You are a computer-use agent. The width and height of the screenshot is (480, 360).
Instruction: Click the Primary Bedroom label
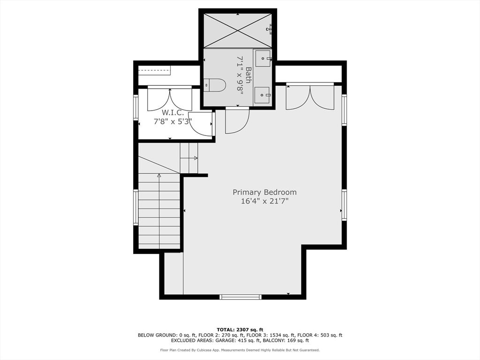point(264,192)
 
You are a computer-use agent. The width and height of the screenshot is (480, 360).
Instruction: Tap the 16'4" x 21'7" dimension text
point(264,201)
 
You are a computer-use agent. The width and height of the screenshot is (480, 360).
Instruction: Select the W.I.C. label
point(173,112)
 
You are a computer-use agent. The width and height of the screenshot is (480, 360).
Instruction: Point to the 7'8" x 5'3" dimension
point(172,121)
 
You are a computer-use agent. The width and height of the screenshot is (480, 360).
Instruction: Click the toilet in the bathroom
point(215,85)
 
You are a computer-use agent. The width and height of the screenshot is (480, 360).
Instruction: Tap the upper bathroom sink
point(263,59)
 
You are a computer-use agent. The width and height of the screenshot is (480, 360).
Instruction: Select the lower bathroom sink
point(262,95)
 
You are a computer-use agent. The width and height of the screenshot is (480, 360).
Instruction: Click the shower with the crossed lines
point(238,30)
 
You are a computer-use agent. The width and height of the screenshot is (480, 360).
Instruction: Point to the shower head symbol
point(269,29)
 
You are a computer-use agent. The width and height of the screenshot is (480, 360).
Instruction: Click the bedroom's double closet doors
point(310,97)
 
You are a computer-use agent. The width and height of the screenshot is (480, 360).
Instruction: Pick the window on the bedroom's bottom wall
point(240,297)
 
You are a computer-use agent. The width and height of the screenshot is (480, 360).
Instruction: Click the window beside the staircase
point(135,207)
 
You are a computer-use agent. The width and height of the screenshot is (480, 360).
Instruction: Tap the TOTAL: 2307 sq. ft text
point(240,330)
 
